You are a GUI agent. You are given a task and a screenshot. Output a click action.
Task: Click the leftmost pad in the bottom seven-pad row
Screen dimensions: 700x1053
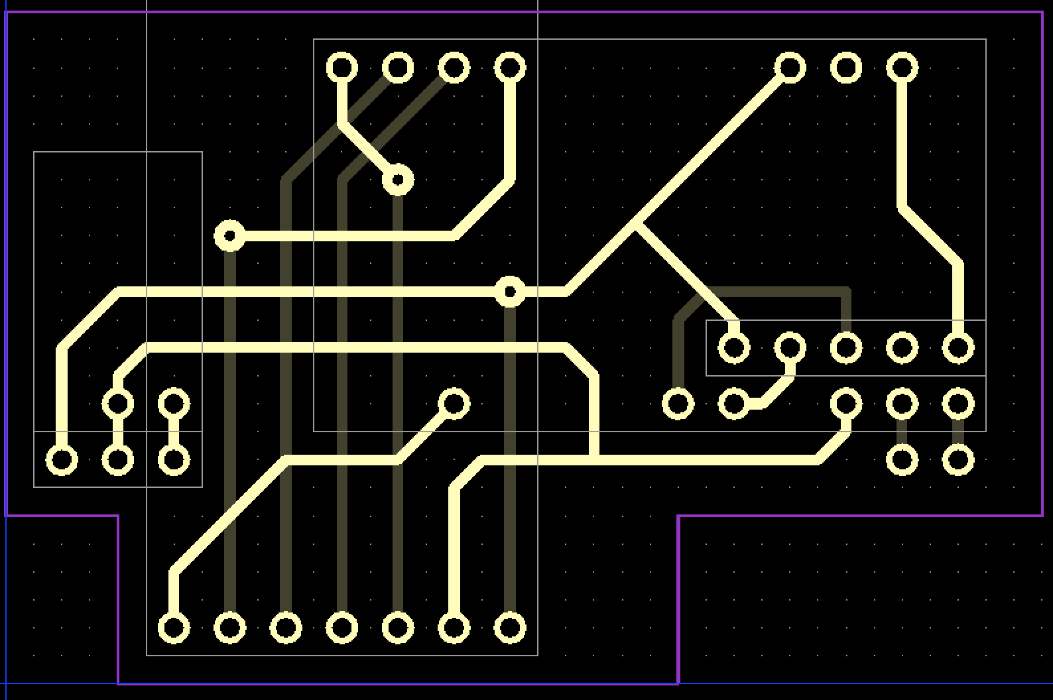[174, 627]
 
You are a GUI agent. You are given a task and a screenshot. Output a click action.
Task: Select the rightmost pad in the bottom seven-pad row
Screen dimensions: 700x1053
[509, 627]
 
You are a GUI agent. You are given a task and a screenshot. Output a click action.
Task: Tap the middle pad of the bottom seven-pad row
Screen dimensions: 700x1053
[341, 627]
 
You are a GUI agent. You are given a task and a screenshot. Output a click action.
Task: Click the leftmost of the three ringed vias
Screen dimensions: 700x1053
[229, 235]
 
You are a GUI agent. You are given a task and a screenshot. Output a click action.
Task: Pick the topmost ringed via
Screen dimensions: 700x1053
[398, 180]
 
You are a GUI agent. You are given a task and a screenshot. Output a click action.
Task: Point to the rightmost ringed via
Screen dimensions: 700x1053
[509, 292]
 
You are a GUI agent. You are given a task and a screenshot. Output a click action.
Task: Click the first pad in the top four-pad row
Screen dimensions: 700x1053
[341, 68]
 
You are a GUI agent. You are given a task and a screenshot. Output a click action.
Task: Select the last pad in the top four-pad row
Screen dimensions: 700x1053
[509, 68]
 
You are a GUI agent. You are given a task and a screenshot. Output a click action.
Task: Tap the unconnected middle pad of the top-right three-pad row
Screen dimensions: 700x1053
[845, 68]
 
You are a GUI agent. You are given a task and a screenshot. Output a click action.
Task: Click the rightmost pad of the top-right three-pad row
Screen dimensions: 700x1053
[902, 68]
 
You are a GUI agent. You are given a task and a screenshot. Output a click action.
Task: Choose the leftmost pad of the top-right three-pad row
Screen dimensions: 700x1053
[790, 68]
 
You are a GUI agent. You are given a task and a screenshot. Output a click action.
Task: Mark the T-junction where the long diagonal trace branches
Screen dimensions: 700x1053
[635, 224]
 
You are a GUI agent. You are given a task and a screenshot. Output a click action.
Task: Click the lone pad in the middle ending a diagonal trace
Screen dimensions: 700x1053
[454, 403]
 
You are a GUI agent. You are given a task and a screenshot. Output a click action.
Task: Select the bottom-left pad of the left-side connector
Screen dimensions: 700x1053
[62, 459]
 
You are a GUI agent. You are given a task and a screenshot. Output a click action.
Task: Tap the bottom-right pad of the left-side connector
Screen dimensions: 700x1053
[174, 459]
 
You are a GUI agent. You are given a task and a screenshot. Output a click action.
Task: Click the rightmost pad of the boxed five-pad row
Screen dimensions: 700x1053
[958, 347]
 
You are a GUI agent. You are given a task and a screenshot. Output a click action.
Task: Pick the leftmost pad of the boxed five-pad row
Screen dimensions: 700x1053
[733, 347]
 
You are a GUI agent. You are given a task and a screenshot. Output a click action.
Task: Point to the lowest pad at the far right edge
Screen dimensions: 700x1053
[958, 459]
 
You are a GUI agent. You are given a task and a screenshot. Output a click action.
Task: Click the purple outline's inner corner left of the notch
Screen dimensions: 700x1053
[118, 516]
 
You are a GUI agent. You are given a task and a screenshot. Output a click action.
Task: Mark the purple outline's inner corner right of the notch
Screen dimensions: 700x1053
[678, 516]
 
